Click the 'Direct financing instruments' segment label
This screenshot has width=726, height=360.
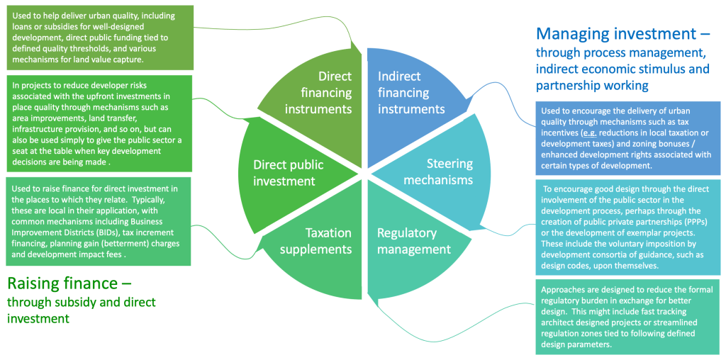pos(325,92)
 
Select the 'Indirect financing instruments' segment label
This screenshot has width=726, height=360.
pos(411,92)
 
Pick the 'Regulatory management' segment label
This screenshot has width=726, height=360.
pos(413,241)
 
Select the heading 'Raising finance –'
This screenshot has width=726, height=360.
pos(69,283)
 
